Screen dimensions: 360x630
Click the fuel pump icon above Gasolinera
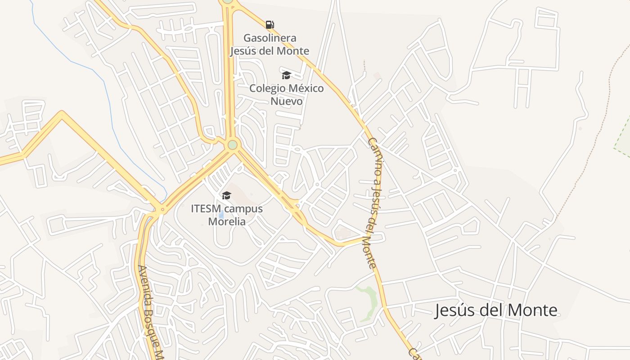click(270, 24)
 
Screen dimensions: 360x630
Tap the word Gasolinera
click(270, 38)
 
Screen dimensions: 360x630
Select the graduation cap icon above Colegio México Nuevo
click(286, 75)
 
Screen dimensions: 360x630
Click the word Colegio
click(267, 88)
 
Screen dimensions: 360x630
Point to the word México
click(306, 88)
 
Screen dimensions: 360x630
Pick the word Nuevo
click(286, 101)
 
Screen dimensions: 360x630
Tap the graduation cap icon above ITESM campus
click(226, 195)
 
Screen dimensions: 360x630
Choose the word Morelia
click(227, 221)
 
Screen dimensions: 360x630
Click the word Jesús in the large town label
click(453, 310)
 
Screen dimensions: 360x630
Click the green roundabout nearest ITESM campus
click(232, 145)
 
